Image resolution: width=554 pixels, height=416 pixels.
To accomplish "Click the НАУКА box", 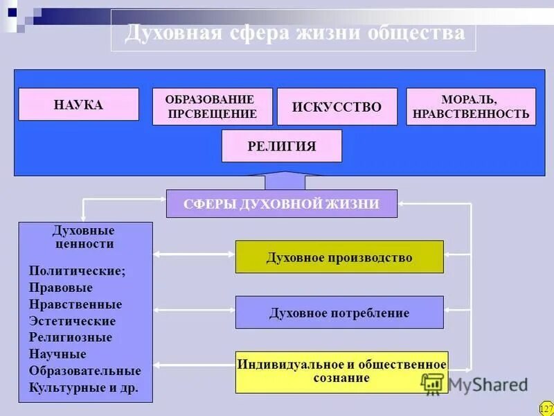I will (78, 105).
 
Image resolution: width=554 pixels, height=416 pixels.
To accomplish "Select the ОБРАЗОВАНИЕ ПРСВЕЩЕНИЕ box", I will (212, 107).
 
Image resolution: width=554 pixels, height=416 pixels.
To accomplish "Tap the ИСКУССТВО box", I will (337, 107).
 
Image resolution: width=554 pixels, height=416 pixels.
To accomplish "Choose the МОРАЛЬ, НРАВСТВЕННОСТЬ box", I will (470, 107).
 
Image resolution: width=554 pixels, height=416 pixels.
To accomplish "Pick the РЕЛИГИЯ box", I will (281, 146).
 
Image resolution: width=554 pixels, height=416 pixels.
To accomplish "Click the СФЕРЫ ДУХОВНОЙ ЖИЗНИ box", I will (281, 204).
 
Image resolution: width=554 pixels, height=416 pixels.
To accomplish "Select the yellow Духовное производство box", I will (339, 257).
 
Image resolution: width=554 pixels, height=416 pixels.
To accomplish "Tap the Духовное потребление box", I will (339, 313).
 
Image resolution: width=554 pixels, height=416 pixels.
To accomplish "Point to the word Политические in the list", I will (78, 270).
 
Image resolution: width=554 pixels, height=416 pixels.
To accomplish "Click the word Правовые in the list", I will (61, 287).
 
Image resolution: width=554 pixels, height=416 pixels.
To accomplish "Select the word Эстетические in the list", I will (73, 321).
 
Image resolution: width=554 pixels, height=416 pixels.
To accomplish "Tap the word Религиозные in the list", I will (71, 338).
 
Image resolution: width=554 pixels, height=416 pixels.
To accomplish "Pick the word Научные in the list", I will (57, 354).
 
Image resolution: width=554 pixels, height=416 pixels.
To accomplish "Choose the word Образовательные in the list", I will (84, 371).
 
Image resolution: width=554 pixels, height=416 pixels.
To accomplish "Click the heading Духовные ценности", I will (84, 236).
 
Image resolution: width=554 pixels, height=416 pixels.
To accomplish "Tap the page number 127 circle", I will (546, 408).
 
